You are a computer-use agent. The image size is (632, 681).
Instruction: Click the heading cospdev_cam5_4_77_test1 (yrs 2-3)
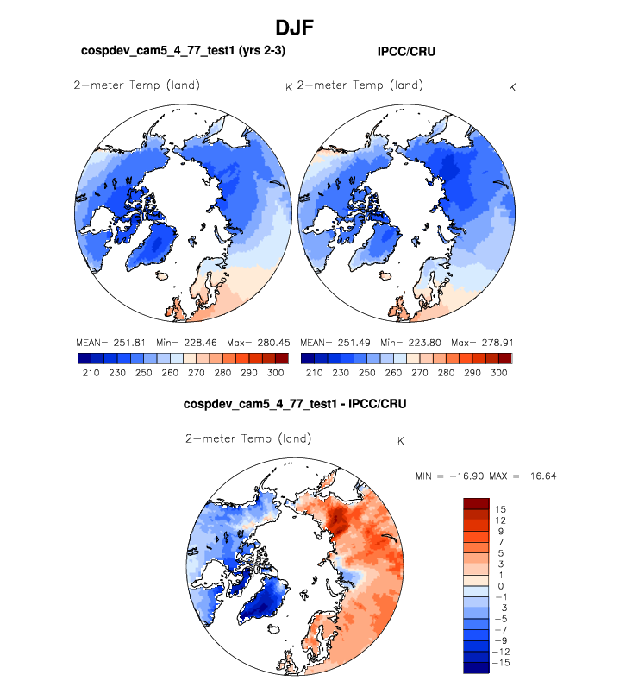[183, 52]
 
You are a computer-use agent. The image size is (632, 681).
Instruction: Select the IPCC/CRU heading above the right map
[406, 52]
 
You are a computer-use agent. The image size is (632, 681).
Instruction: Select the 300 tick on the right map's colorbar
[497, 372]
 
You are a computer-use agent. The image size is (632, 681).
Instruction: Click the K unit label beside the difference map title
[400, 442]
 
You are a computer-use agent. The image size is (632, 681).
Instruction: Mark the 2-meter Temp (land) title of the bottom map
[248, 438]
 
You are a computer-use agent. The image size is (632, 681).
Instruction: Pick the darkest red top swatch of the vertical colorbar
[477, 502]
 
